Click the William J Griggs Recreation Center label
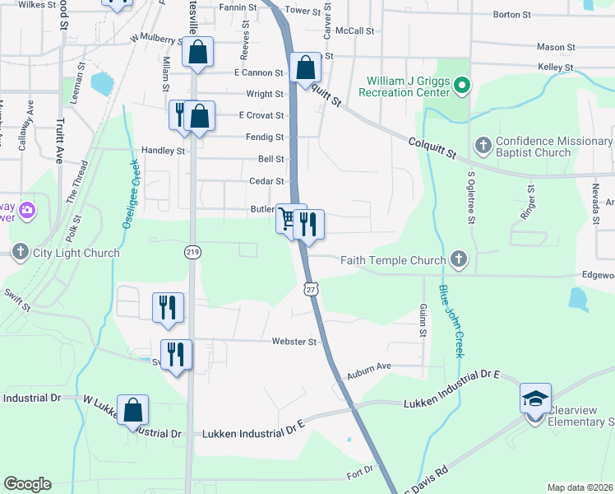coord(406,85)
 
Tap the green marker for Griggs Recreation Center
coord(462,85)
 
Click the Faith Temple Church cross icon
coord(459,260)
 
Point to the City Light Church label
coord(76,252)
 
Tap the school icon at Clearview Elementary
coord(535,399)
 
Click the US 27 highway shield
coord(310,288)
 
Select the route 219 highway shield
coord(192,250)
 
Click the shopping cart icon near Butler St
coord(288,219)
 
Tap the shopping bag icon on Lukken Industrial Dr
coord(132,409)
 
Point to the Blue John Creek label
coord(451,321)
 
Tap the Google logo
coord(27,484)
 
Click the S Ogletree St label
coord(471,198)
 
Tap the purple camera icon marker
coord(27,211)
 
